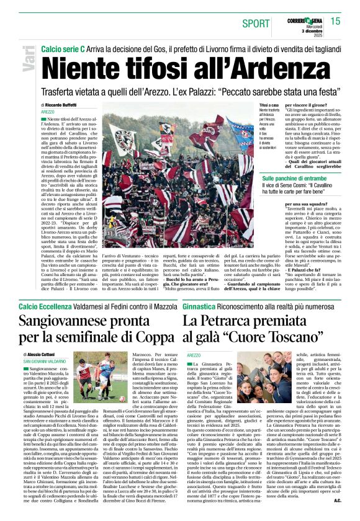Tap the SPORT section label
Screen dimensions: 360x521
256,24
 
